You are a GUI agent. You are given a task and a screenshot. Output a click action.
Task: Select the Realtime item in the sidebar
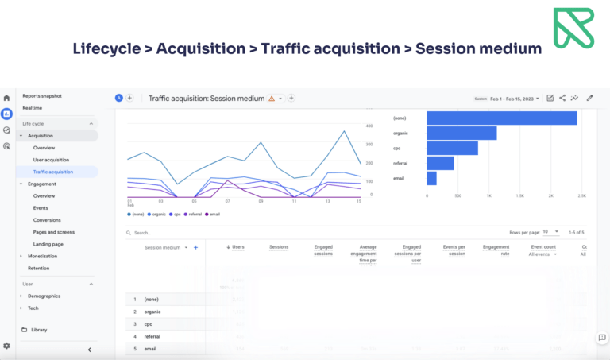pos(33,107)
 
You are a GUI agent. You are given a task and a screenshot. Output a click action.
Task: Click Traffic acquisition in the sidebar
pos(52,172)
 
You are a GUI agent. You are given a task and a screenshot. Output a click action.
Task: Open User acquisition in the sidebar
pos(51,160)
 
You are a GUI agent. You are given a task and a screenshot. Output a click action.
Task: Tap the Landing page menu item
pos(48,244)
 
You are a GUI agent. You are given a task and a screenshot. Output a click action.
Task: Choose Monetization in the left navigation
pos(43,256)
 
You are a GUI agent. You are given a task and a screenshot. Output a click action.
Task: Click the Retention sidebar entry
pos(38,268)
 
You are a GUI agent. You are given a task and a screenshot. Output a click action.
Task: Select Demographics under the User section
pos(44,296)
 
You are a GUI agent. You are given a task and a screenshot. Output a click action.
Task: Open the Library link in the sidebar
pos(39,329)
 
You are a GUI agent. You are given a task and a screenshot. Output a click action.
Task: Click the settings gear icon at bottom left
pos(6,346)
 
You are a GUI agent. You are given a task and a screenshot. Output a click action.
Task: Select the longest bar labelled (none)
pos(501,118)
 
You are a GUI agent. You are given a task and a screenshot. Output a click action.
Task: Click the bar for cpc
pos(452,148)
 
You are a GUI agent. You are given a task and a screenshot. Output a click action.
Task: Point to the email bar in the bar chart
pos(431,178)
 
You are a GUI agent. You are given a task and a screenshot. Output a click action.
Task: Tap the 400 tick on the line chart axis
pos(369,126)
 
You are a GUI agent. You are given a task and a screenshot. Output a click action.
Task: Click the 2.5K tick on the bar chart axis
pos(581,195)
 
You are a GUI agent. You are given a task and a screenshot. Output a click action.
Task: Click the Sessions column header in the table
pos(279,247)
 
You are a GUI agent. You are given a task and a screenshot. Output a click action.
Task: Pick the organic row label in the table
pos(152,312)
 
